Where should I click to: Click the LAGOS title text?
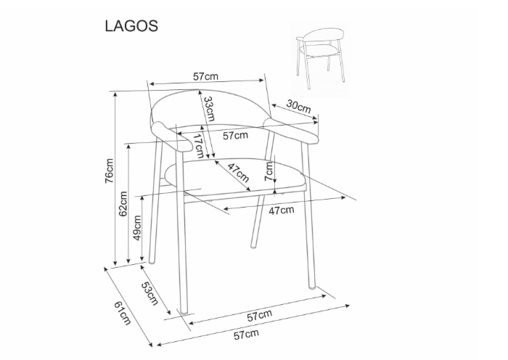point(131,26)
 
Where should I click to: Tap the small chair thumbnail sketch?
point(321,57)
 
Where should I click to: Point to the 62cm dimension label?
point(123,204)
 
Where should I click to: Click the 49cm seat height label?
point(137,228)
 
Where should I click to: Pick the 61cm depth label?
point(123,314)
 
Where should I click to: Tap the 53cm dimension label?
point(149,293)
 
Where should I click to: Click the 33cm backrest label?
point(209,109)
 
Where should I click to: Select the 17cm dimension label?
point(199,146)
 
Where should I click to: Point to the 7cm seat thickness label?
point(269,171)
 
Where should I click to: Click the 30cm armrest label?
point(298,106)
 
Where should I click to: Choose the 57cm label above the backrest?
point(205,77)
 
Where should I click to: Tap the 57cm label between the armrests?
point(236,136)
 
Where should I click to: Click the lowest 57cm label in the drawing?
point(247,335)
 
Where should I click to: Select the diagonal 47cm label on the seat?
point(239,173)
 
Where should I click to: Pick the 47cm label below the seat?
point(282,210)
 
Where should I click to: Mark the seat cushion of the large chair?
point(235,177)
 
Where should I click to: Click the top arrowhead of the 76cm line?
point(115,94)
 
